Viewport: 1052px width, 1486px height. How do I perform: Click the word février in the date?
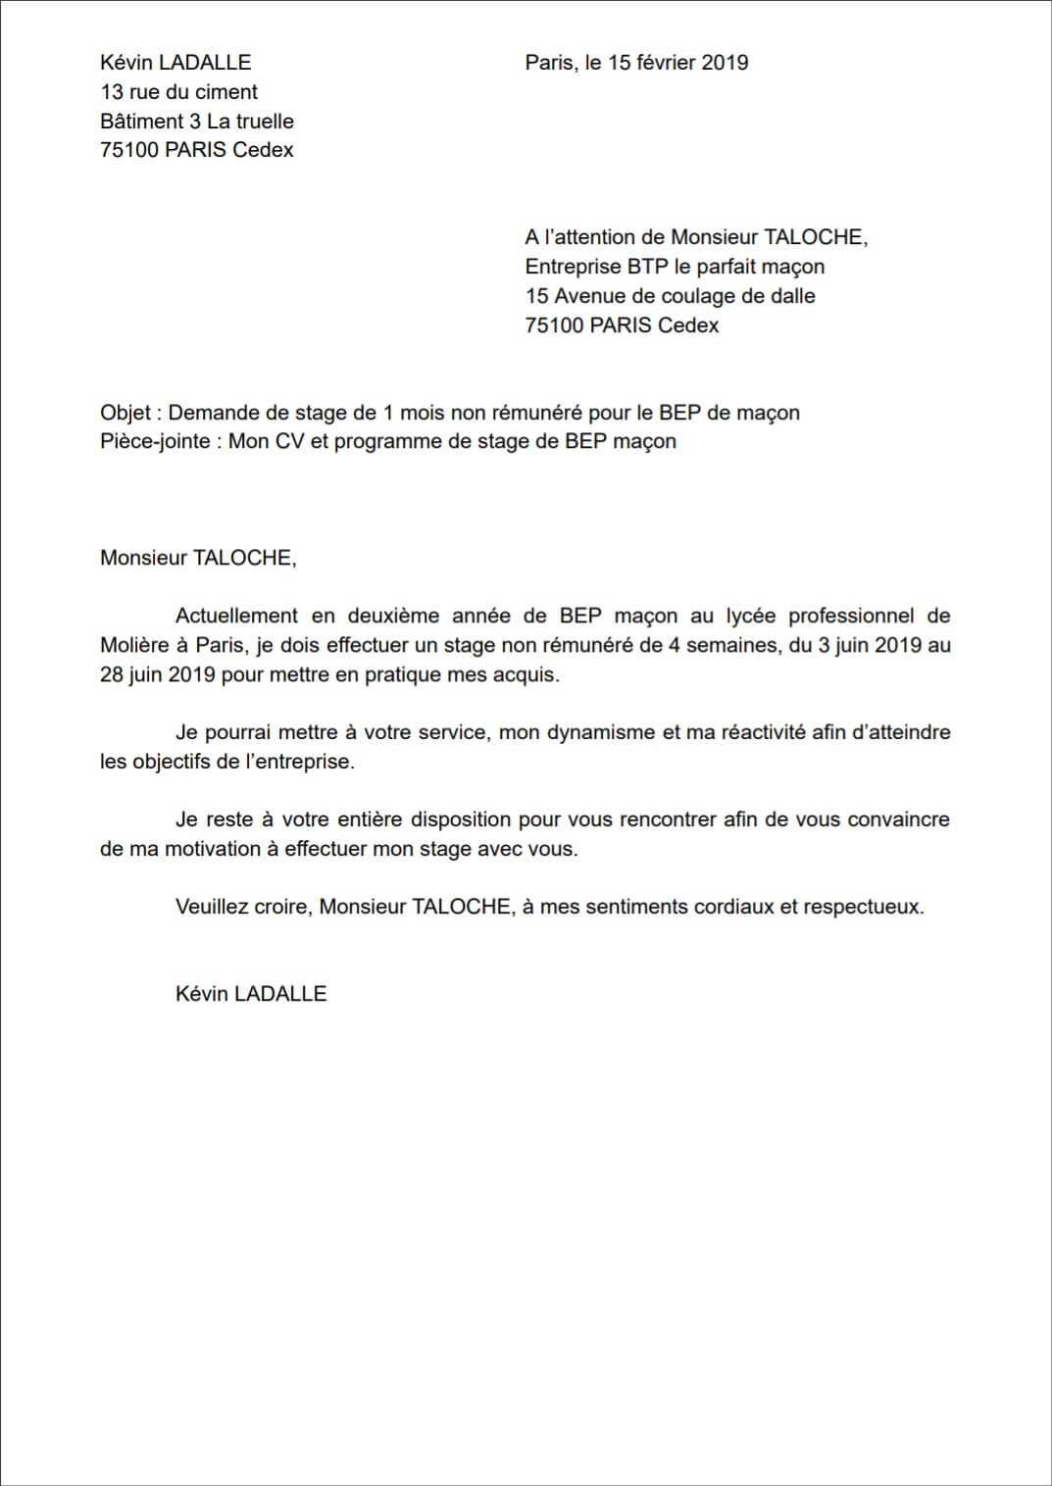pos(666,63)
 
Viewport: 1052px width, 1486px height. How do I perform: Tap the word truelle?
pos(265,122)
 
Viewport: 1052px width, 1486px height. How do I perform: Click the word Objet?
pos(125,413)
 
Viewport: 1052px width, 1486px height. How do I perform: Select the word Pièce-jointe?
pos(155,442)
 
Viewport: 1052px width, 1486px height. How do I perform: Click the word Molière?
pos(134,646)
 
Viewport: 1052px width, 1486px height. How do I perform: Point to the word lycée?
pos(751,617)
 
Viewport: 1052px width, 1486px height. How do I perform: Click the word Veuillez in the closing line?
pos(212,907)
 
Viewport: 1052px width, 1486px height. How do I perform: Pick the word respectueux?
pos(863,907)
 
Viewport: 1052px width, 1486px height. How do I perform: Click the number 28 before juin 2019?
pos(112,675)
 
